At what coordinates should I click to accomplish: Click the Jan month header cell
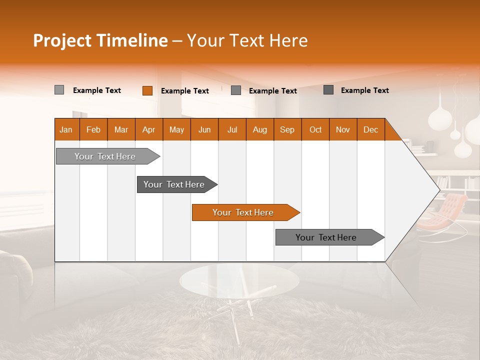[66, 129]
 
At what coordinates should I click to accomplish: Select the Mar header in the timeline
[121, 129]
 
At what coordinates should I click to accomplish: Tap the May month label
[176, 129]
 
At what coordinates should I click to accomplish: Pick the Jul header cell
[232, 129]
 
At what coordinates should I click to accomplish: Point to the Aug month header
[259, 129]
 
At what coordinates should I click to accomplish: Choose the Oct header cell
[315, 129]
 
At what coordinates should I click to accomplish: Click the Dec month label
[370, 129]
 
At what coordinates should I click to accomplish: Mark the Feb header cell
[93, 129]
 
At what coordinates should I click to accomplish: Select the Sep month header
[287, 129]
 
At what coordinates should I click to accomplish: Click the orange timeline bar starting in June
[243, 212]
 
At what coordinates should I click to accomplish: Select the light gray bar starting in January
[105, 156]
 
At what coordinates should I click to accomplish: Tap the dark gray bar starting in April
[174, 184]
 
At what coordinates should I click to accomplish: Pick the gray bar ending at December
[326, 237]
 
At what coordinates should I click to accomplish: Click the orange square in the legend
[147, 90]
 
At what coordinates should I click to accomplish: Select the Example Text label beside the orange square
[184, 91]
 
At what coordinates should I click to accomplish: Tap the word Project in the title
[62, 40]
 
